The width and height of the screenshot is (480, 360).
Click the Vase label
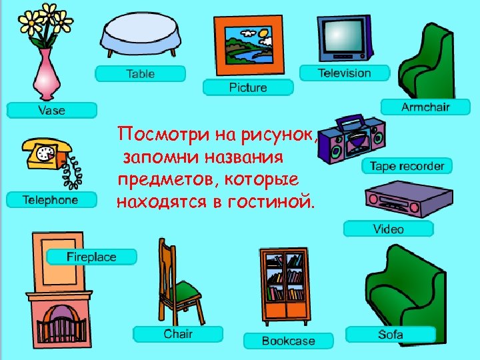52,110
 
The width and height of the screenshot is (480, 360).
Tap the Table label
140,73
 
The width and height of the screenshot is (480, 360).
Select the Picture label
248,87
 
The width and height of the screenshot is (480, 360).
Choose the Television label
344,73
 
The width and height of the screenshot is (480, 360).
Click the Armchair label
425,107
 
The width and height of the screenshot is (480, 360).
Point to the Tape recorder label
407,166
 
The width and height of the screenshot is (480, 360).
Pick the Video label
388,229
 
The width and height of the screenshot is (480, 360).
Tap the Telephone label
50,199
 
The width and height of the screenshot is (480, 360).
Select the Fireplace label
91,257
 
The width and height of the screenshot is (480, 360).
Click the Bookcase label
288,341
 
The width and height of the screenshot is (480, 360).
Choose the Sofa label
391,334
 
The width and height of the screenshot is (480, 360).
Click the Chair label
178,333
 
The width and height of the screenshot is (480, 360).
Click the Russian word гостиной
274,201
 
